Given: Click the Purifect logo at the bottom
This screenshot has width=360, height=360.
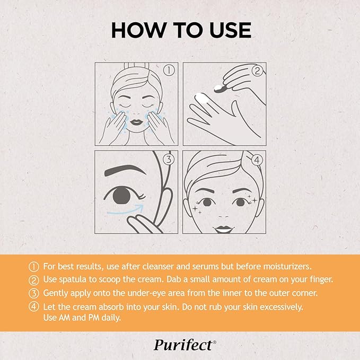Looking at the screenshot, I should tap(185, 345).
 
